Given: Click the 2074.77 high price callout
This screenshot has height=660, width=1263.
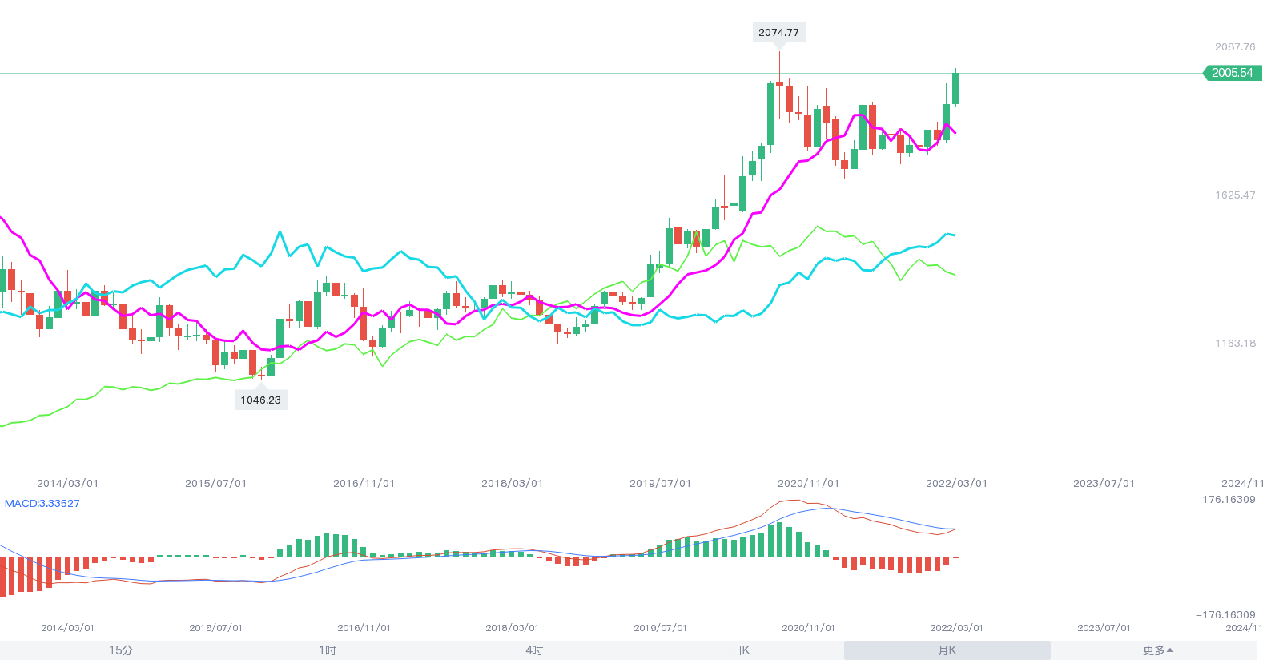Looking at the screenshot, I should coord(778,33).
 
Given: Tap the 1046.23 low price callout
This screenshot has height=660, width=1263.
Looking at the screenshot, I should coord(261,400).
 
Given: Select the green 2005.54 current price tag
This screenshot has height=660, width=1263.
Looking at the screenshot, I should coord(1233,73).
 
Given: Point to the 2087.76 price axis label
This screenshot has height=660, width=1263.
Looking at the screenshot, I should coord(1235,47).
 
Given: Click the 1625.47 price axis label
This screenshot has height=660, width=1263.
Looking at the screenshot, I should coord(1235,195).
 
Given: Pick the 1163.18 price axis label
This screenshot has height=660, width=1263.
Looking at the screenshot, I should coord(1235,344).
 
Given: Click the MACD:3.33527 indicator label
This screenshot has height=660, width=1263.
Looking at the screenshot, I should coord(42,504).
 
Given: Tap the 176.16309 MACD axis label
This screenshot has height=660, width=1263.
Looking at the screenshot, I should coord(1229,500).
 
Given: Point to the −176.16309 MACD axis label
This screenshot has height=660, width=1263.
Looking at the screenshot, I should coord(1225,615).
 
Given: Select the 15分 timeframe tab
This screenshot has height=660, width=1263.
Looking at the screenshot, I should coord(121,650).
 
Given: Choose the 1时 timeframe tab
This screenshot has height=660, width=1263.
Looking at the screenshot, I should coord(328,650).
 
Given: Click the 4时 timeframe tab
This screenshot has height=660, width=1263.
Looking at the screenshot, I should coord(534,650).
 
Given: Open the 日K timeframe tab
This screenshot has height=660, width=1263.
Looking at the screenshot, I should coord(741,650).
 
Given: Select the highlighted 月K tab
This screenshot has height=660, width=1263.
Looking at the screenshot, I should coord(947,650).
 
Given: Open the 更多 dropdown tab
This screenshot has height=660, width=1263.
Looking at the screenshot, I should coord(1157,650).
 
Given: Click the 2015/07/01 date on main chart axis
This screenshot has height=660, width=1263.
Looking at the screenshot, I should coord(216,484).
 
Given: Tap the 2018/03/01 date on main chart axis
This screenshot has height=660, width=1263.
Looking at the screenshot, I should coord(513,484).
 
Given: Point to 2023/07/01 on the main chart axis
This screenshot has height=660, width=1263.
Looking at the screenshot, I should coord(1104,484).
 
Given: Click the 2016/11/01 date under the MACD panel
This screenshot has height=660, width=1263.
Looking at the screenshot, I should coord(364,628).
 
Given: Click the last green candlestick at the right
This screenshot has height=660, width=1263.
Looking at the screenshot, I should coord(955,88).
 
